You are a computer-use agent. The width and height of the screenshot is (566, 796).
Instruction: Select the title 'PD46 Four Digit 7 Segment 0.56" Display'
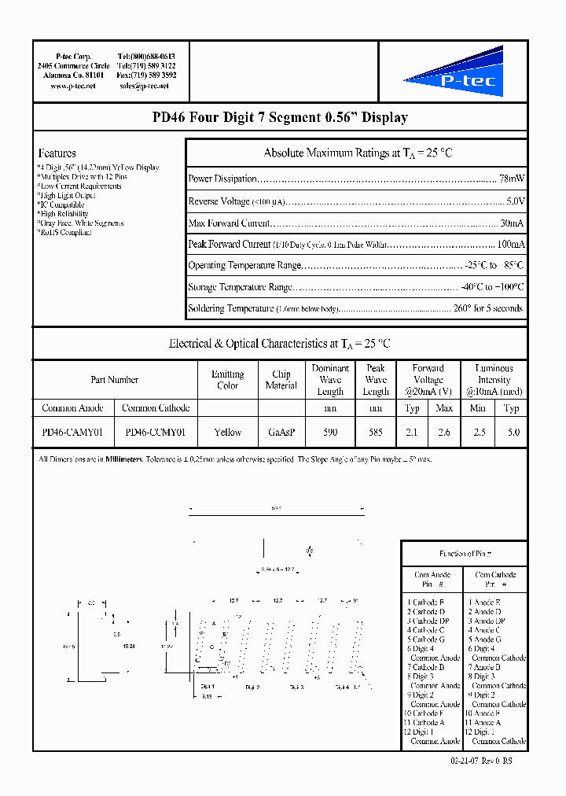pos(280,118)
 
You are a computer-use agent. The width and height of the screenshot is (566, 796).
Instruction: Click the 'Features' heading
pos(57,153)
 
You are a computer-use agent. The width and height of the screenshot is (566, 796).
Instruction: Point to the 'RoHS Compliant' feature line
pos(65,233)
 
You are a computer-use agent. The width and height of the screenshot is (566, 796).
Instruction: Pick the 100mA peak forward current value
pos(511,244)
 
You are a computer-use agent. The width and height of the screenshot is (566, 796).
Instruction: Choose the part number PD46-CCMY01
pos(156,432)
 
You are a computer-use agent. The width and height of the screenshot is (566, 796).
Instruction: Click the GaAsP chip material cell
pos(281,432)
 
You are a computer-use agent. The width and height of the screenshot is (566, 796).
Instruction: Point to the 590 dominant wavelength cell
pos(330,432)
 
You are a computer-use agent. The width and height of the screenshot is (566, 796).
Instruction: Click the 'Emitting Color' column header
pos(228,380)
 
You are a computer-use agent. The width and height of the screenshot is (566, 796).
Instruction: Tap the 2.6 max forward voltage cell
pos(444,432)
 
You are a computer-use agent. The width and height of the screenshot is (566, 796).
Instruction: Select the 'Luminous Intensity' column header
pos(494,380)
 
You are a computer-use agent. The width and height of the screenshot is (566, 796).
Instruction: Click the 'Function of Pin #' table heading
pos(465,554)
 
